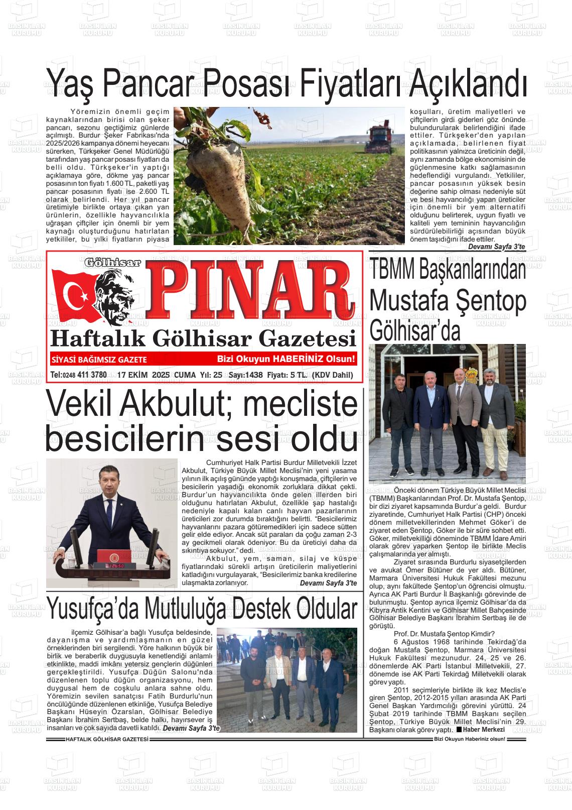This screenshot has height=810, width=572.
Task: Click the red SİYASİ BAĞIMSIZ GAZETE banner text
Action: [99, 360]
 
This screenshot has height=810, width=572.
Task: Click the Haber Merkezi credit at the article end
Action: [483, 729]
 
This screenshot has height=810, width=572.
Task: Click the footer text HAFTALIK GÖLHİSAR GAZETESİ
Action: [107, 739]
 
